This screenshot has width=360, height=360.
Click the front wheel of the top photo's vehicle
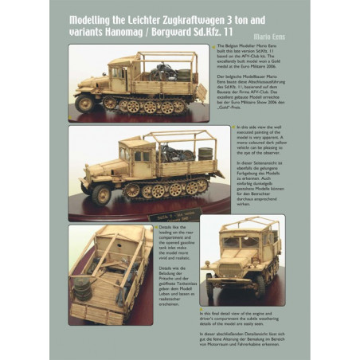coord(84,103)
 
